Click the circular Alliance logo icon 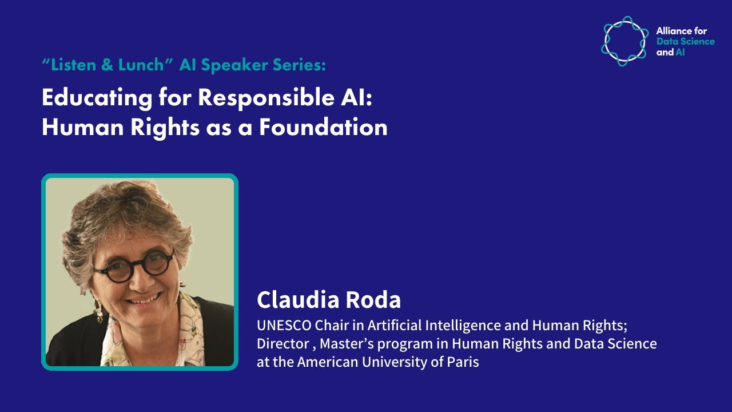click(x=625, y=41)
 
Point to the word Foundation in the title click(x=323, y=127)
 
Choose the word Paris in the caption click(x=463, y=362)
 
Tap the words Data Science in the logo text click(x=685, y=42)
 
